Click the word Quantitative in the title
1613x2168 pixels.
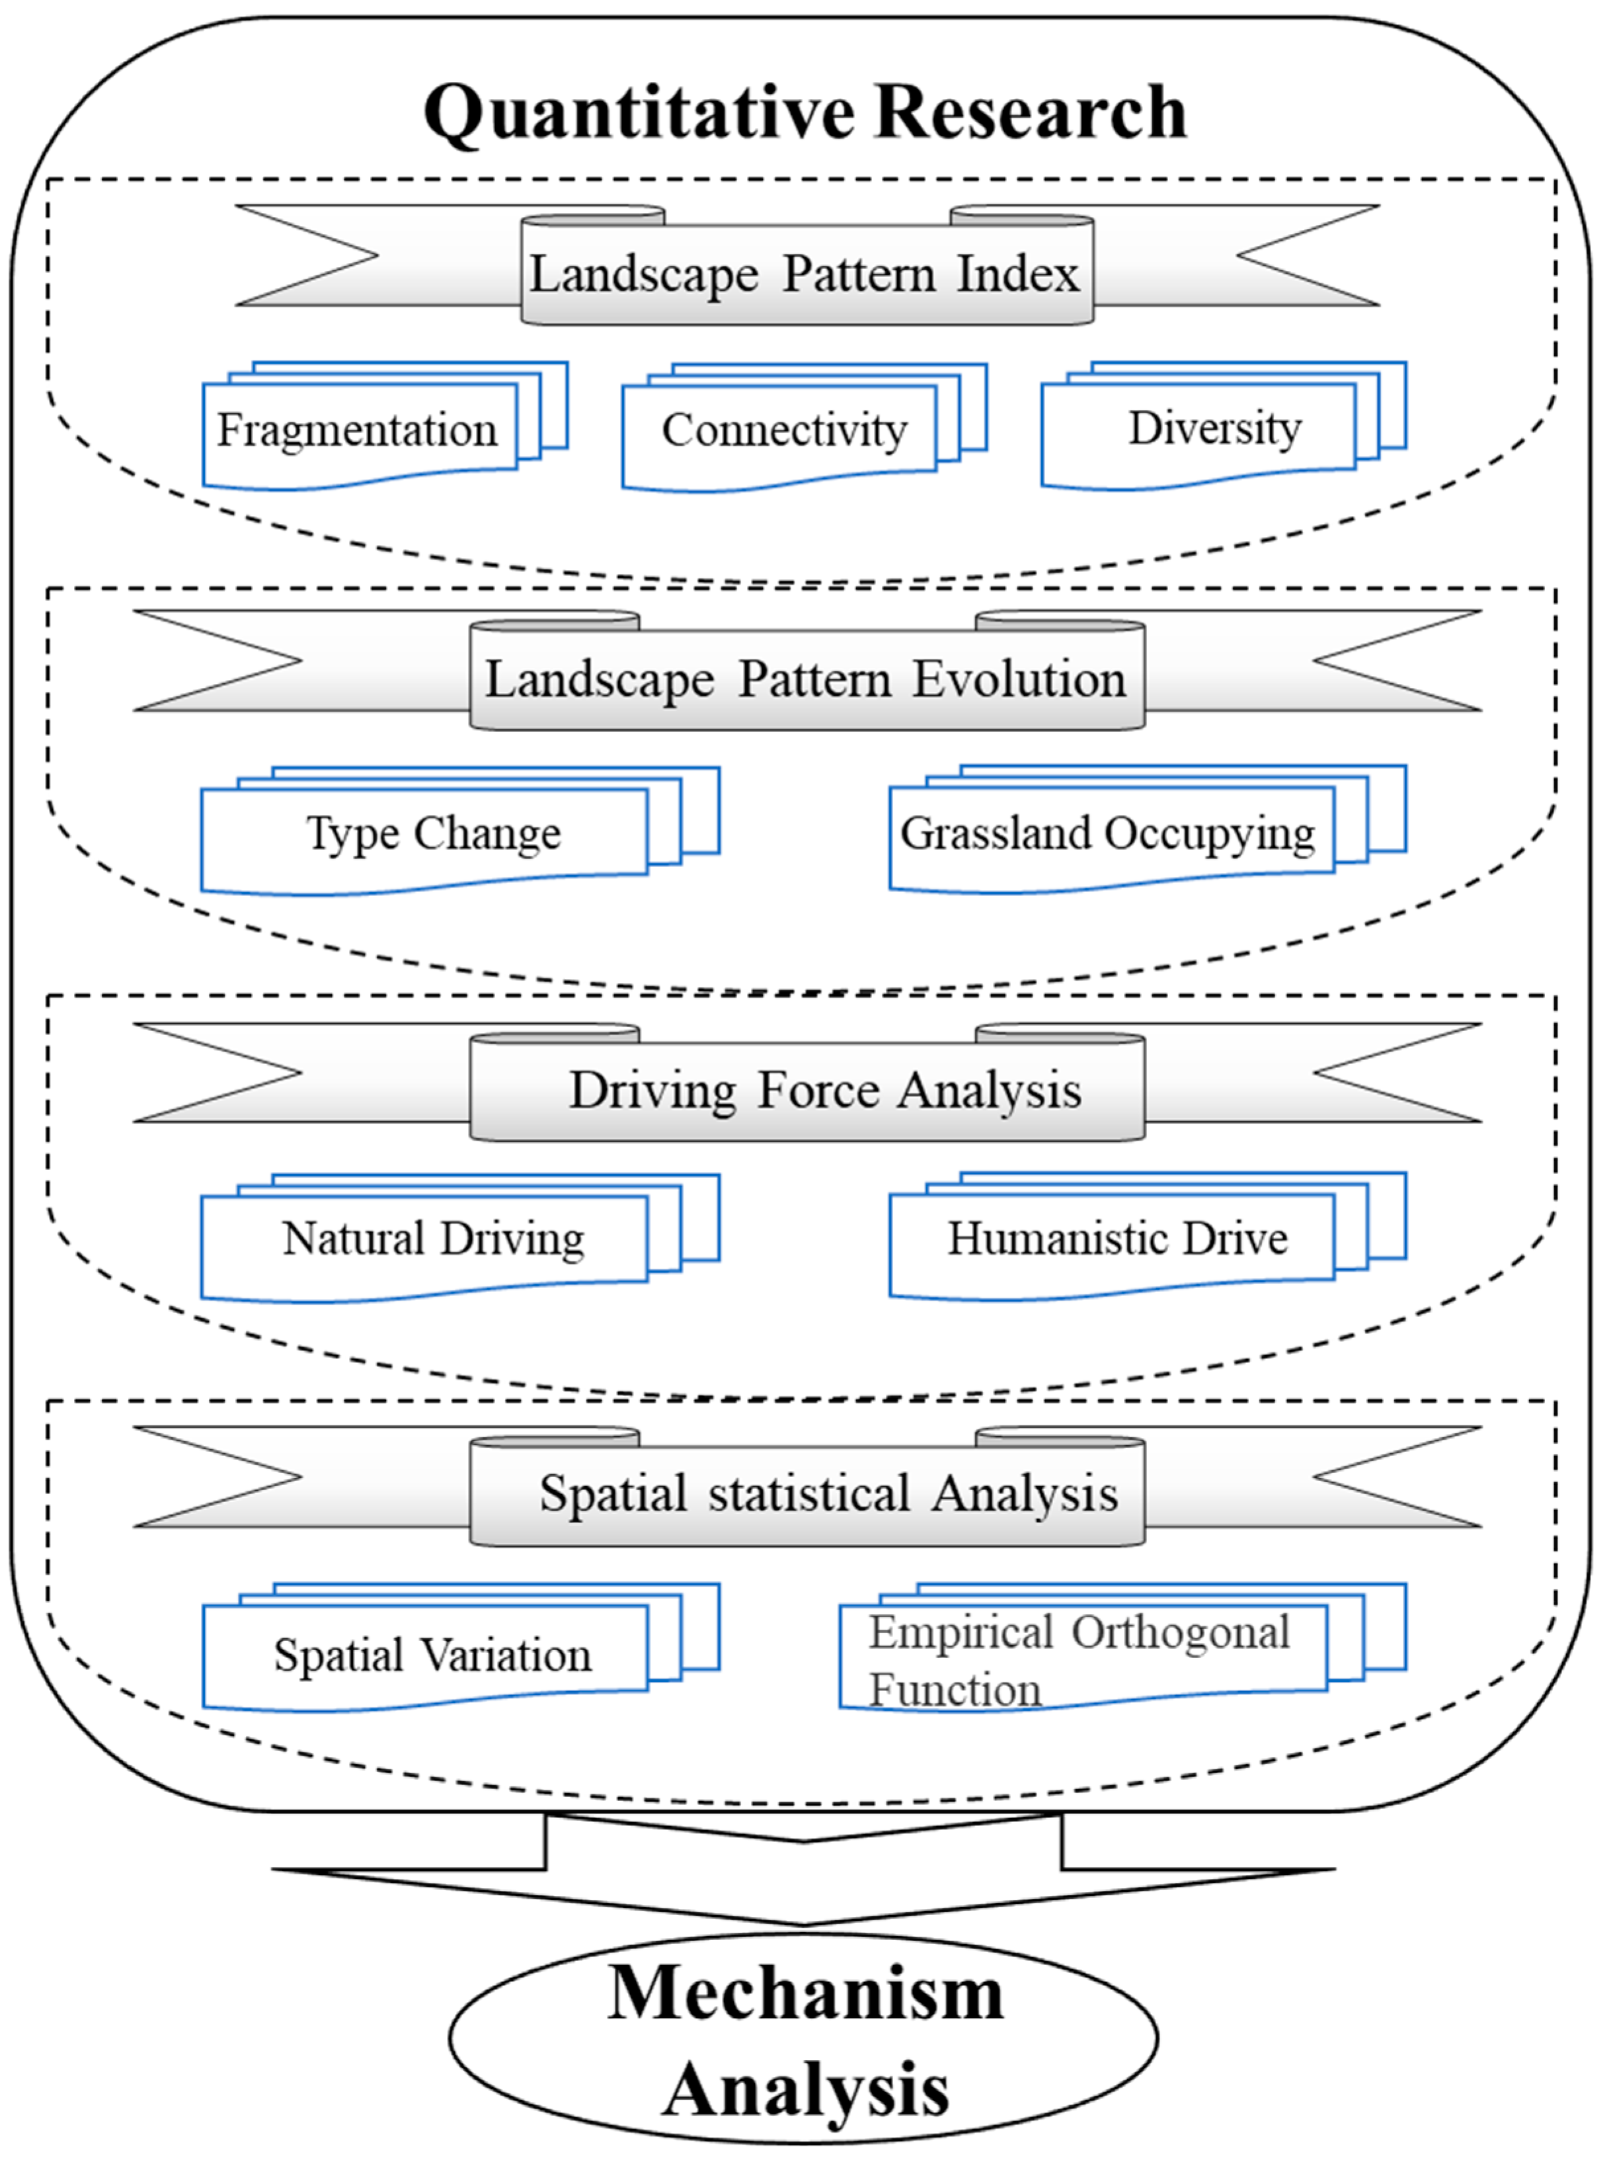pos(639,113)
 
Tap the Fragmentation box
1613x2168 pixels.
pos(358,431)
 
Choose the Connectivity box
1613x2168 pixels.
pos(784,431)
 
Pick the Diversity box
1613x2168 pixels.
pos(1214,429)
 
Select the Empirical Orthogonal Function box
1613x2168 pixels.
pos(1079,1660)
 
